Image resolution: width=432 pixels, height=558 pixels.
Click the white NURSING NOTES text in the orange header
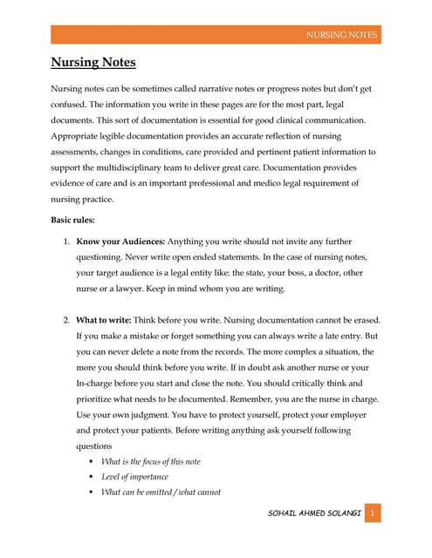coord(341,35)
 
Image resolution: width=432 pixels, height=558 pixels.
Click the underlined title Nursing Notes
coord(93,64)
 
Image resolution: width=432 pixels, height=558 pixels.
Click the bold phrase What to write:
coord(104,320)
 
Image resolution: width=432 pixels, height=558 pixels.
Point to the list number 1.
coord(67,241)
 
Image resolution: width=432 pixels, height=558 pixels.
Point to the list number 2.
coord(67,320)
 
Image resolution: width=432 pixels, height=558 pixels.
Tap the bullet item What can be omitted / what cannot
coord(161,493)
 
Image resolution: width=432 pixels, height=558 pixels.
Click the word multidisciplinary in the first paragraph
coord(139,167)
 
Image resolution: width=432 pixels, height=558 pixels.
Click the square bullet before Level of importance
coord(92,477)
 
